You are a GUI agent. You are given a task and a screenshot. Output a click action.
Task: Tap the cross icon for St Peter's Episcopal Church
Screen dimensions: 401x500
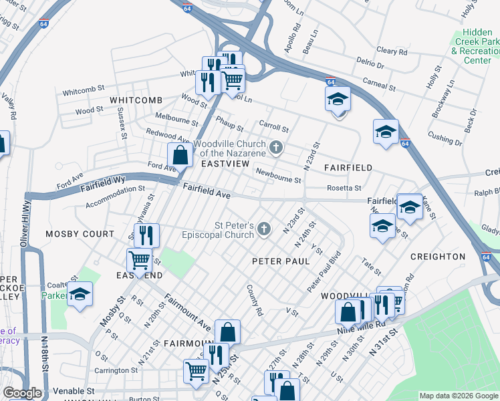(265, 230)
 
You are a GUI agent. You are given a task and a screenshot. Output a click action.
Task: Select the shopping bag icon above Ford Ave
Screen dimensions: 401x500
(180, 156)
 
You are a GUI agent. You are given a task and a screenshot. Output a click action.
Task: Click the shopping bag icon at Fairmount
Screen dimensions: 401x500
(227, 332)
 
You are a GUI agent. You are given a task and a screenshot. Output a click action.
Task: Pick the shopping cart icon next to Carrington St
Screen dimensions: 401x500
(196, 370)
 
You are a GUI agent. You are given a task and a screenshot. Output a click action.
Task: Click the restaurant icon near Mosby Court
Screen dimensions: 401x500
(146, 235)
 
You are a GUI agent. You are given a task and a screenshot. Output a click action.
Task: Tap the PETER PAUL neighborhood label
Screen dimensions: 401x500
(281, 261)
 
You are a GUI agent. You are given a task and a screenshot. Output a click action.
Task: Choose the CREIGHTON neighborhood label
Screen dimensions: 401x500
(438, 257)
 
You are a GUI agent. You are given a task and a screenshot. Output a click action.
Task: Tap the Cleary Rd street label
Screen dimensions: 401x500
(392, 51)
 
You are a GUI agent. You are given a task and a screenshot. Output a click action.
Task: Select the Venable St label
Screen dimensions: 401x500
(71, 390)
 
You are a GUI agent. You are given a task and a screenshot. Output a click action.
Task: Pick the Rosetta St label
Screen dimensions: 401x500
(344, 188)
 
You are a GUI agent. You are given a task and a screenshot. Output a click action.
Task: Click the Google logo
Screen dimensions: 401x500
(22, 393)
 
